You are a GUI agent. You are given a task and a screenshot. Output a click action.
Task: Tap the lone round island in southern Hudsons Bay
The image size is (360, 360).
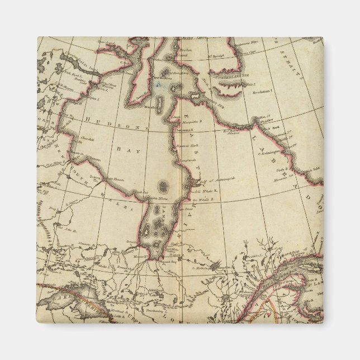coord(163,185)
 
